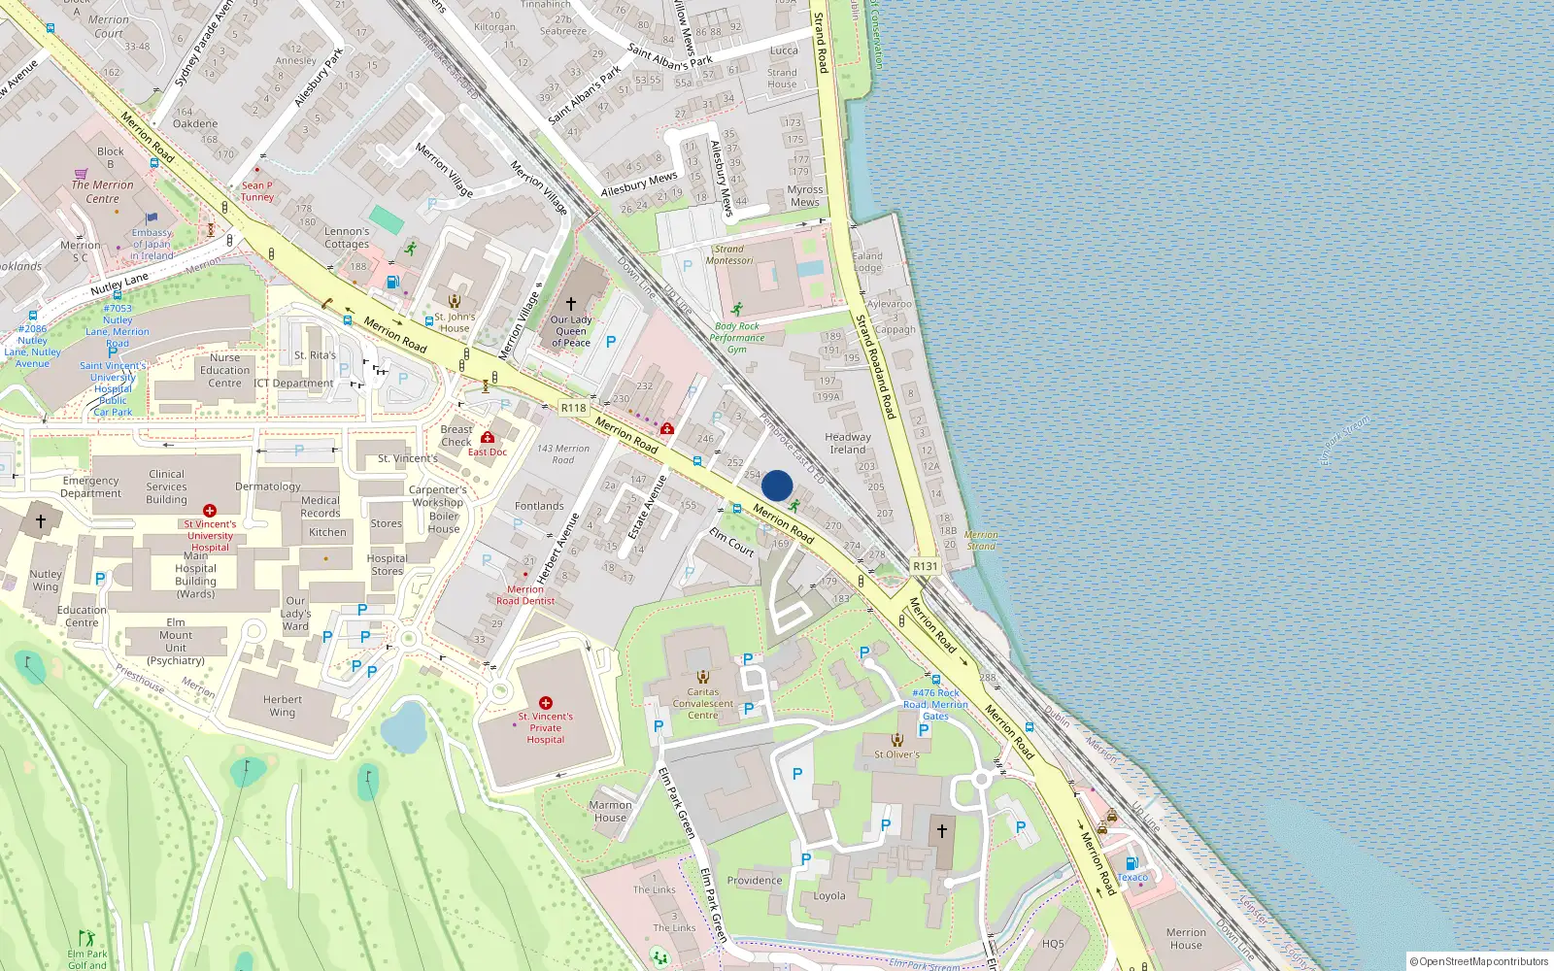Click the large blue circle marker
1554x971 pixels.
coord(777,485)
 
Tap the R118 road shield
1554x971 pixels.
coord(574,408)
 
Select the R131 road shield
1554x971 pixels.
coord(926,566)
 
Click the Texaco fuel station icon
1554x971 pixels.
coord(1131,863)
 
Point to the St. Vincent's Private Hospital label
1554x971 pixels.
coord(546,727)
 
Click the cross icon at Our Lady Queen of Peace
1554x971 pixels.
coord(571,304)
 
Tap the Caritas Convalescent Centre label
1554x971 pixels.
coord(703,703)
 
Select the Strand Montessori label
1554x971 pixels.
coord(729,254)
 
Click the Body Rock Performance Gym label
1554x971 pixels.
coord(737,338)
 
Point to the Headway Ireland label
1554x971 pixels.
coord(848,443)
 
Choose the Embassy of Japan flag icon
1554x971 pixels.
coord(151,218)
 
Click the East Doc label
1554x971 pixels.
coord(488,452)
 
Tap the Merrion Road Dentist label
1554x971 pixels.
coord(525,595)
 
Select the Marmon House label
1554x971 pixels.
coord(610,811)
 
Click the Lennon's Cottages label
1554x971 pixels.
coord(347,238)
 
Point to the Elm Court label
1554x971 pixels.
coord(731,542)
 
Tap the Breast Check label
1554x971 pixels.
coord(456,435)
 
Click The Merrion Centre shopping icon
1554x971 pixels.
coord(82,174)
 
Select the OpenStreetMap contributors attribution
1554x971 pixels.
coord(1479,961)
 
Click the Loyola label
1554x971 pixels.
coord(829,896)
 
